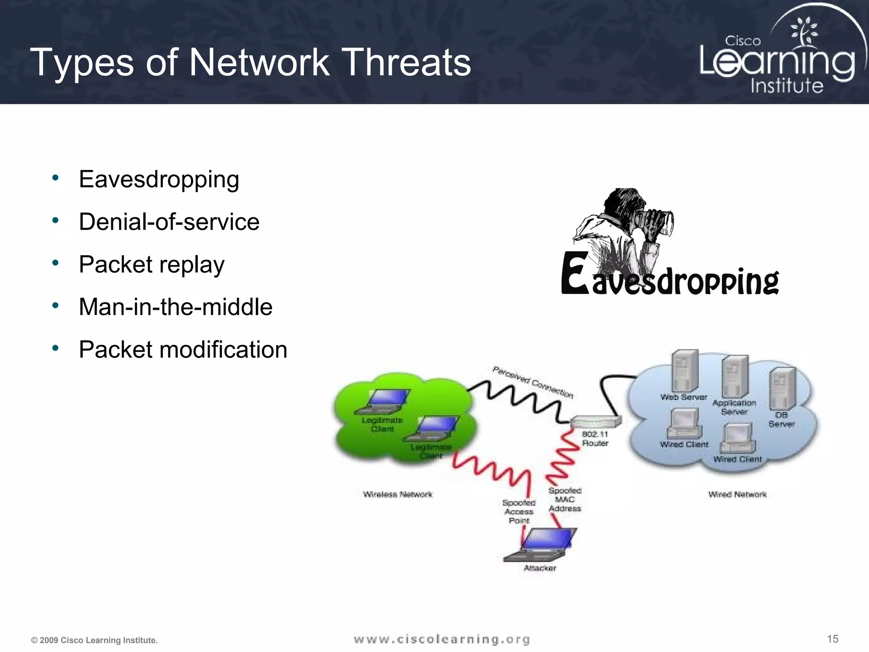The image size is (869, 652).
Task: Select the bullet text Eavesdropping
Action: [x=159, y=180]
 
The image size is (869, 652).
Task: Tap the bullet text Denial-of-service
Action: [x=169, y=222]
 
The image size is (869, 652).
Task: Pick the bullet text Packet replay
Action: [x=151, y=265]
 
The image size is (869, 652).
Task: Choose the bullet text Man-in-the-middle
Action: [x=175, y=307]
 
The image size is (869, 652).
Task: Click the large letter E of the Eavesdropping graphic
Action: [x=575, y=273]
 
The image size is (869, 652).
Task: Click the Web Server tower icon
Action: [x=684, y=371]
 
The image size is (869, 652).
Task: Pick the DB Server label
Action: [x=781, y=419]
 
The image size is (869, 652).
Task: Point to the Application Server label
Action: [x=734, y=407]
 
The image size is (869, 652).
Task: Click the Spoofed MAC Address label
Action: [x=565, y=500]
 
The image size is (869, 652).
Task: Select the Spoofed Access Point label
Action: [x=519, y=511]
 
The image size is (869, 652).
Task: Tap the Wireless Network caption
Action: [x=398, y=495]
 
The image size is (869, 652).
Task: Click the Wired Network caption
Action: [x=737, y=495]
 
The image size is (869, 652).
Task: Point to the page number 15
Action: [x=833, y=639]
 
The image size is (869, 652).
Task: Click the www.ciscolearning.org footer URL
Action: [x=442, y=639]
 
